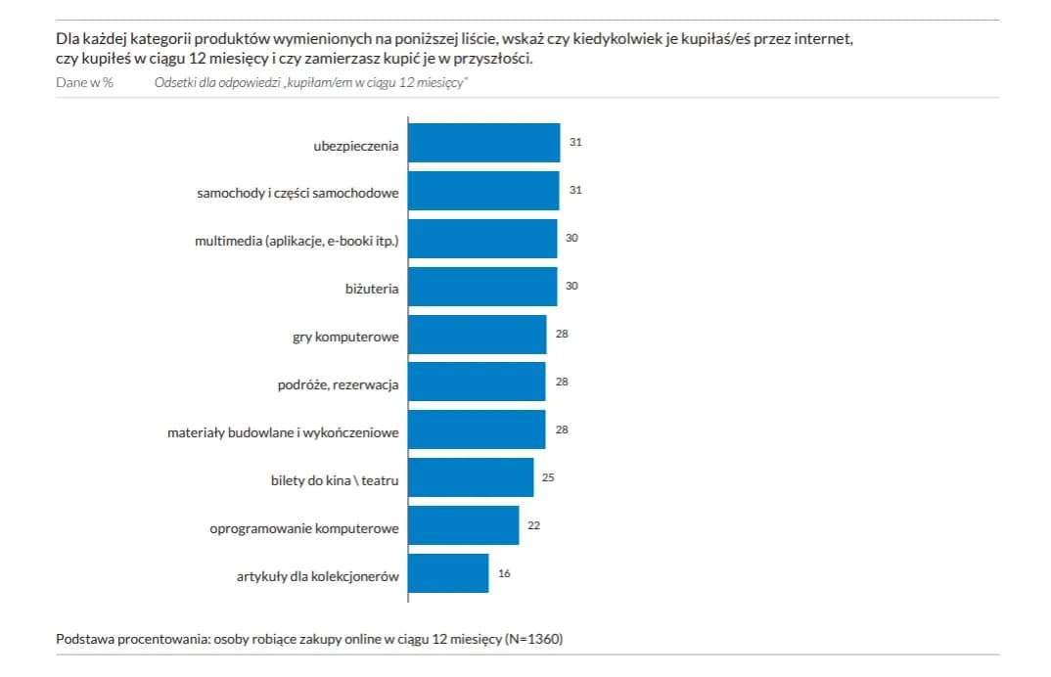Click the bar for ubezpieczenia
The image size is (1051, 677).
point(483,143)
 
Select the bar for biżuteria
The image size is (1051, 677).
point(482,287)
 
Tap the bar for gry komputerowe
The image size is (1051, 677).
point(477,335)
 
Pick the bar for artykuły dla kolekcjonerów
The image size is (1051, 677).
point(448,573)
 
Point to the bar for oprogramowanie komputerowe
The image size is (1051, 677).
point(463,525)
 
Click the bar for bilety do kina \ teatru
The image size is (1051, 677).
point(471,477)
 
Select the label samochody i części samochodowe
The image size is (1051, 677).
point(297,193)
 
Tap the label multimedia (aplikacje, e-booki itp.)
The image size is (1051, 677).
point(297,241)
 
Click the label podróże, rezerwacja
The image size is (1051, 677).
point(338,384)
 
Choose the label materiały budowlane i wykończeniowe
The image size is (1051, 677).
point(283,431)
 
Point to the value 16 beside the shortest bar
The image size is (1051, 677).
point(504,573)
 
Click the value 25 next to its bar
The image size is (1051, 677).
point(549,477)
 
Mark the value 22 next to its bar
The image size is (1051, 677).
point(534,525)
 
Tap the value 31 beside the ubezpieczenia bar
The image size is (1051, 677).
point(575,143)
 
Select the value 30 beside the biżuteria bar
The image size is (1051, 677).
point(572,286)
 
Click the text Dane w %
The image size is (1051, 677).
point(84,82)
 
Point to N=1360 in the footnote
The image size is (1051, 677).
point(534,639)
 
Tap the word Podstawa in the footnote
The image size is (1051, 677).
point(85,639)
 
